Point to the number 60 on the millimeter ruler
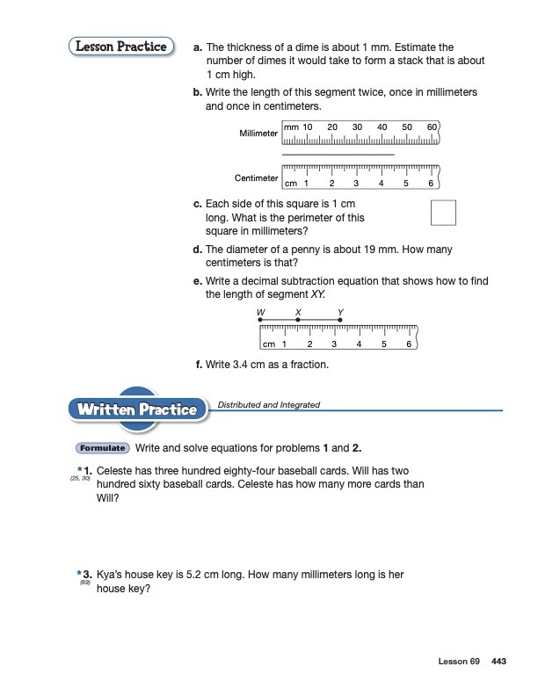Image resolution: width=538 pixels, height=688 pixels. point(432,127)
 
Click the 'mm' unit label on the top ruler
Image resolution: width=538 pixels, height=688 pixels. point(292,127)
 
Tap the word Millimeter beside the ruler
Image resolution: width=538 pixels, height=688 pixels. point(258,134)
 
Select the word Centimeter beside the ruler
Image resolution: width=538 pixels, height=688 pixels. point(256,178)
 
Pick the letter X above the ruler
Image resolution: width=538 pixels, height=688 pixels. point(299,313)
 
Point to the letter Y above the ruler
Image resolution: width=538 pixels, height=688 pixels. point(340,313)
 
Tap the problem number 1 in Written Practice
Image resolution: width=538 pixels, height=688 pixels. point(88,472)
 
